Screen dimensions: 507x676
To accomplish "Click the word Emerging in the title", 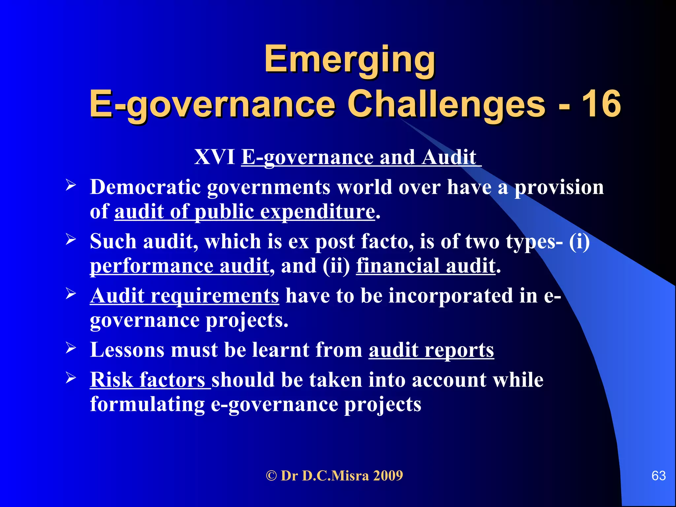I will pos(350,59).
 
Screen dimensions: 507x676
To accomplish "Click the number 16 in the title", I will pos(601,104).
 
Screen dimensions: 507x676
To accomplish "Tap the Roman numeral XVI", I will pos(215,157).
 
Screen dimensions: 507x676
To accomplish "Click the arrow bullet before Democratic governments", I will pos(71,185).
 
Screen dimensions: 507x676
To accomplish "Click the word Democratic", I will pos(146,187).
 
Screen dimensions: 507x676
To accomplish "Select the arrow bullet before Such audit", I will pos(71,239).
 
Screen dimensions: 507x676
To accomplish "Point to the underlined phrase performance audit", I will pos(180,266).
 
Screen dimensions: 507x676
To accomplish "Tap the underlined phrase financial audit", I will pos(426,266).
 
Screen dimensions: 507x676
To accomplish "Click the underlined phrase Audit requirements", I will pos(185,295).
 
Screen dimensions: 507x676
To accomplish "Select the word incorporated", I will pos(451,295).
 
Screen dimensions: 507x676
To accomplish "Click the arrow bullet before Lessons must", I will pos(71,348).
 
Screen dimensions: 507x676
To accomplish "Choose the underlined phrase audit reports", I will pos(431,350).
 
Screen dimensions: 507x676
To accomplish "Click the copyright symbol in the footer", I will pos(271,476).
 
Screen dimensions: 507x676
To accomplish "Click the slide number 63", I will pos(659,476).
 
